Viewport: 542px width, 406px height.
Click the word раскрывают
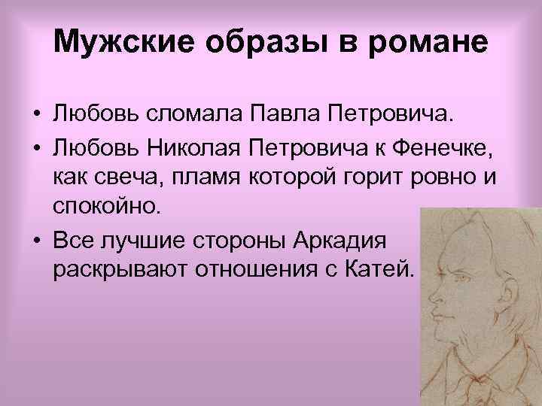pos(120,270)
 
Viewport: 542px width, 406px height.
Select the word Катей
pos(385,270)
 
